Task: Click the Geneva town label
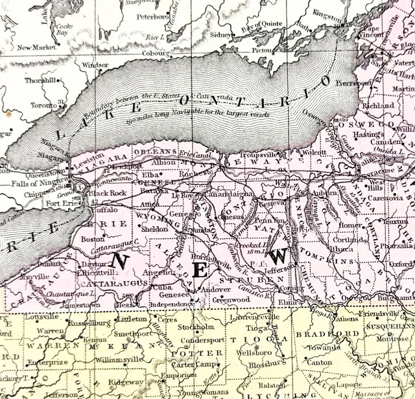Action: [x=275, y=201]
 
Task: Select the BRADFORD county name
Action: [x=318, y=334]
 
